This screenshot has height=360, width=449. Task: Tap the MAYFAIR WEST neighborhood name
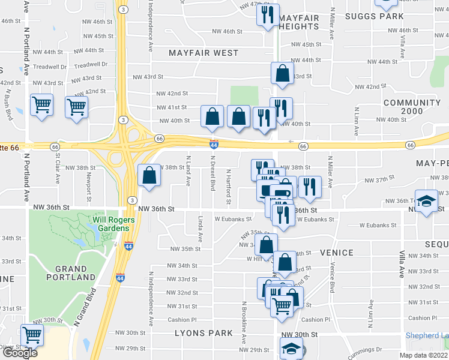pyautogui.click(x=203, y=53)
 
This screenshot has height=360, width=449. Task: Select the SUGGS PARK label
pyautogui.click(x=378, y=16)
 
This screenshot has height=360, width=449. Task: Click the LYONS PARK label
pyautogui.click(x=203, y=333)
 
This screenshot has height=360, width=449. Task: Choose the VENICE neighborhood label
pyautogui.click(x=337, y=253)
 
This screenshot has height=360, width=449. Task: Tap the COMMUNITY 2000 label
pyautogui.click(x=412, y=108)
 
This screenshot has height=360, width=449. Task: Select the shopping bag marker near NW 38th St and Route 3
pyautogui.click(x=149, y=176)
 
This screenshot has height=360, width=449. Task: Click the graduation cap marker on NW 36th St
pyautogui.click(x=427, y=201)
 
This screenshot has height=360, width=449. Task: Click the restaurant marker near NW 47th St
pyautogui.click(x=268, y=15)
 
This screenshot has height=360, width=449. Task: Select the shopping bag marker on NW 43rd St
pyautogui.click(x=282, y=74)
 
